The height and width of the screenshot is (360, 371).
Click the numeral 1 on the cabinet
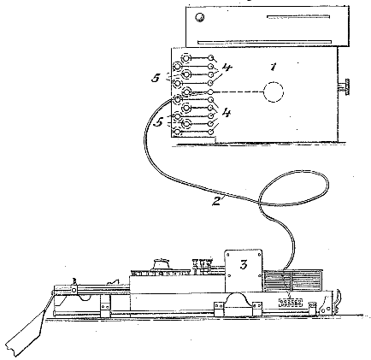(274, 67)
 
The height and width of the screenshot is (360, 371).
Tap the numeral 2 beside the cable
(216, 201)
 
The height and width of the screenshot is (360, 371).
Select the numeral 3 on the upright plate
(244, 265)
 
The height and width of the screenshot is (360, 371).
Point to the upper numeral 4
(227, 68)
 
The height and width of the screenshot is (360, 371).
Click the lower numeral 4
(227, 113)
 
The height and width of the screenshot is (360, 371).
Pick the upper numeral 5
(156, 78)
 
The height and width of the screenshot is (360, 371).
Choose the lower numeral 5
(158, 122)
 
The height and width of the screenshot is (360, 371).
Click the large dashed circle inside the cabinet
(274, 92)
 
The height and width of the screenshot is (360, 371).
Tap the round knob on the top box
(200, 18)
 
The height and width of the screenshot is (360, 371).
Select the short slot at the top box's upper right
(298, 16)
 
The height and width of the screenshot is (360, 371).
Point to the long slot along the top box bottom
(264, 42)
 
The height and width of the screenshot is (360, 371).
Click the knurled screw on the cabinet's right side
(347, 86)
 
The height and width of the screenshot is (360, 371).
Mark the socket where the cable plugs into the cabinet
(178, 99)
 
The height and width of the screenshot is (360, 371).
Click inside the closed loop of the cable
(293, 188)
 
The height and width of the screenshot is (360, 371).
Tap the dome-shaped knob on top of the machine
(162, 263)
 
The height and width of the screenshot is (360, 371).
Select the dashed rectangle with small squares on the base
(290, 303)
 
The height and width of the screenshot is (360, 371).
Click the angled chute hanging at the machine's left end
(25, 332)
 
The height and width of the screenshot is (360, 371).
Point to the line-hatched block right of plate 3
(292, 280)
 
